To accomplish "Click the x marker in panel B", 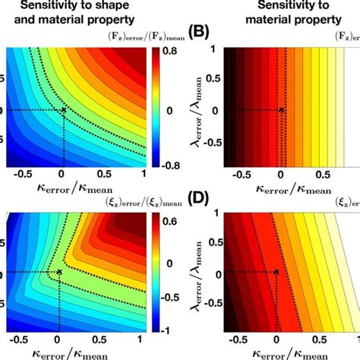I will pyautogui.click(x=282, y=110).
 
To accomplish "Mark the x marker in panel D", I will pyautogui.click(x=276, y=272).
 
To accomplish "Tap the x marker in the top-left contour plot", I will pyautogui.click(x=63, y=110).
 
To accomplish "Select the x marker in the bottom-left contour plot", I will pyautogui.click(x=59, y=271).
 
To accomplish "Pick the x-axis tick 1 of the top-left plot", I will pyautogui.click(x=143, y=174).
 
